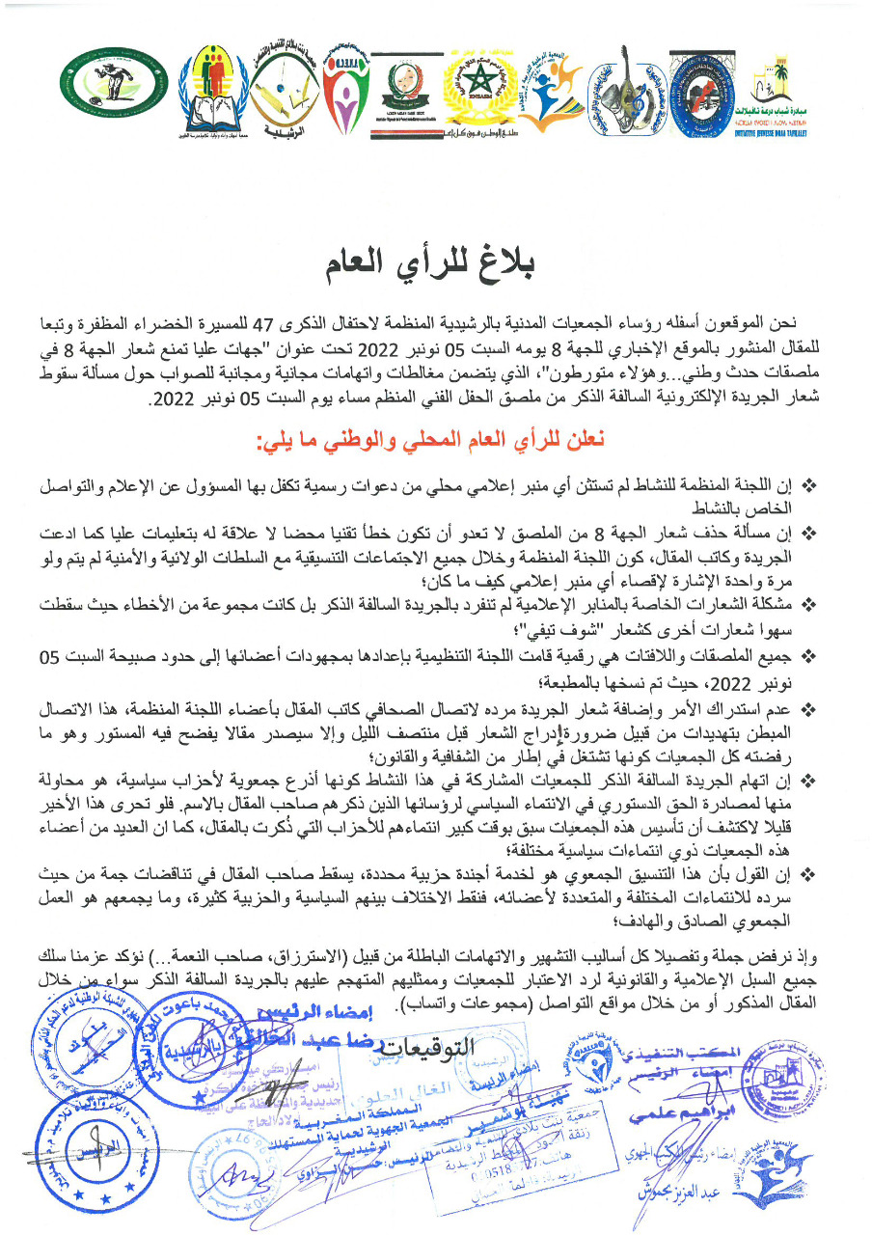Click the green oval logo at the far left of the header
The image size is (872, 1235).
(100, 80)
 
